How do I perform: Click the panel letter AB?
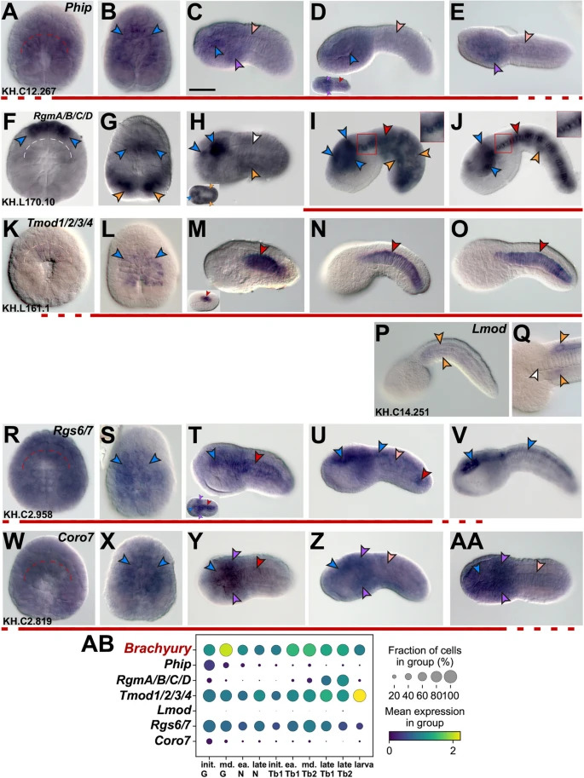click(97, 645)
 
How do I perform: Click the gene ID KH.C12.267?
click(29, 91)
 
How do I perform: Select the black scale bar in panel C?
click(203, 89)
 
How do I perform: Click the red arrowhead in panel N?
click(396, 245)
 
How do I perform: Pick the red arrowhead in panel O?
click(544, 245)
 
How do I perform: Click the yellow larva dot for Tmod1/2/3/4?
click(359, 695)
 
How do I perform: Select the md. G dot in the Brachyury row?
click(226, 649)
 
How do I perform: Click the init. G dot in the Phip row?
click(209, 665)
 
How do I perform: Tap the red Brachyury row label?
click(158, 648)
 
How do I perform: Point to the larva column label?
click(364, 764)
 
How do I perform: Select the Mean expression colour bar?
click(425, 735)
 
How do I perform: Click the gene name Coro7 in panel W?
click(76, 538)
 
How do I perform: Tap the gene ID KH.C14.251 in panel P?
click(402, 412)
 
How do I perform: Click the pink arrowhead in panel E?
click(529, 37)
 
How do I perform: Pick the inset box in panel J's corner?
click(570, 124)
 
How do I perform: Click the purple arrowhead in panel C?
click(240, 64)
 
